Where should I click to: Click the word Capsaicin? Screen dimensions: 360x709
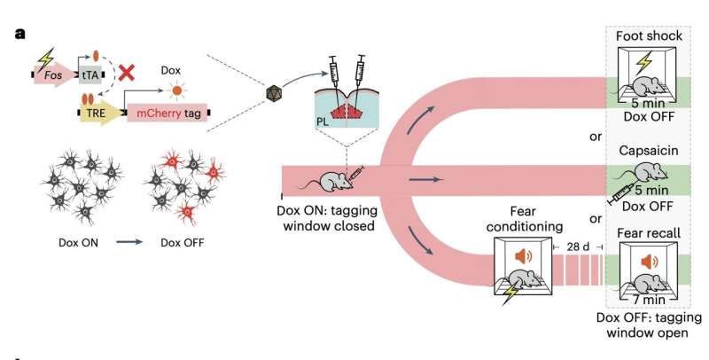click(644, 153)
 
